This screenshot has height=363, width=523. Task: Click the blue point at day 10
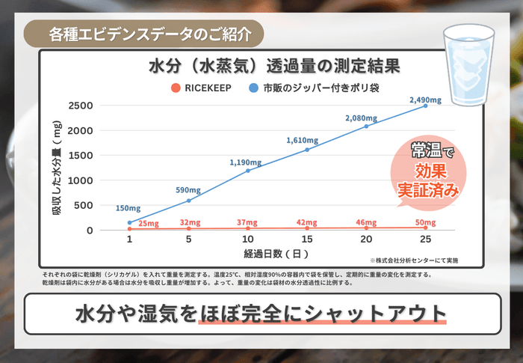248,171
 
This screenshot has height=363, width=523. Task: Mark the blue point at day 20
366,126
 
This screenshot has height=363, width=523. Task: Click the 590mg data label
189,190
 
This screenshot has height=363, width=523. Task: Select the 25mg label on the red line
149,224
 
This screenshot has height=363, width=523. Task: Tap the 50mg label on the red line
426,223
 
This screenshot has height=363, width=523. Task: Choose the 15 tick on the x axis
307,239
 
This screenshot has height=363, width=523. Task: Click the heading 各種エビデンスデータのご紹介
145,34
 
